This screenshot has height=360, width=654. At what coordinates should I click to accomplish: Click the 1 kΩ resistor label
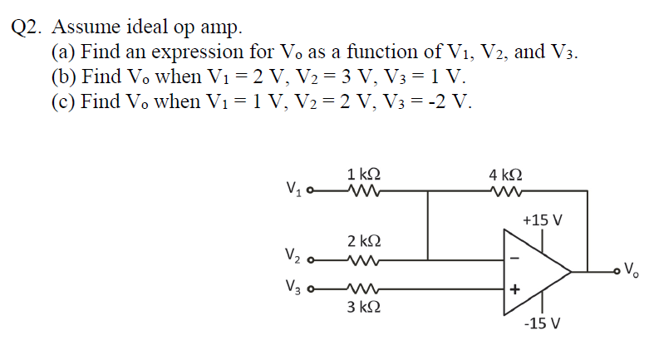click(364, 175)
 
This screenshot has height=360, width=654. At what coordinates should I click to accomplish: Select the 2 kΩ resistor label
click(364, 241)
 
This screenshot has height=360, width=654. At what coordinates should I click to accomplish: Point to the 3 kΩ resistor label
click(364, 307)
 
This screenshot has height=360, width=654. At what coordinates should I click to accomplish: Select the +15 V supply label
click(543, 221)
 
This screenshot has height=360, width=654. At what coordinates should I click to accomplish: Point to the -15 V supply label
click(542, 323)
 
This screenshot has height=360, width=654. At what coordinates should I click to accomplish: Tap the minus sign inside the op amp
click(514, 257)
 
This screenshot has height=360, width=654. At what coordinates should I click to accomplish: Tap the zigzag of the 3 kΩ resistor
click(363, 288)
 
